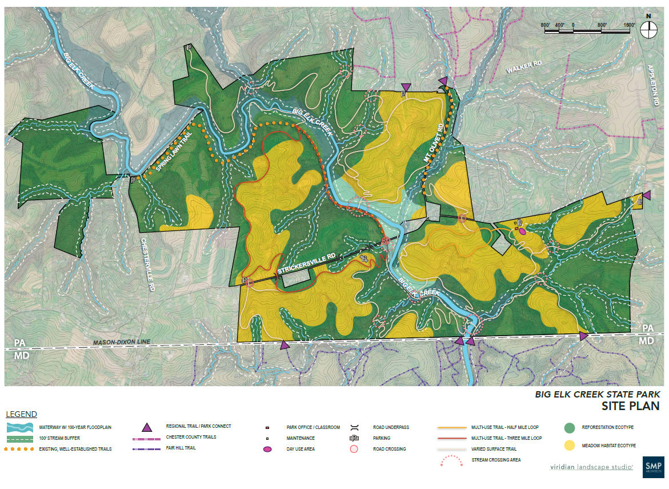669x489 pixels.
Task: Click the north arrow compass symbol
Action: click(648, 29)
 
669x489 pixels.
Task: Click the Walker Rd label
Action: click(524, 67)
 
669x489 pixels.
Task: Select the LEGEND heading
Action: click(21, 414)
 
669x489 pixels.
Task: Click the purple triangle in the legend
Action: click(147, 427)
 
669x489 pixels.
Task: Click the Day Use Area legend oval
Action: click(267, 450)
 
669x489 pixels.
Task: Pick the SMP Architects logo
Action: click(653, 466)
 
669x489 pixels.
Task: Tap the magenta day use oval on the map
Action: click(522, 231)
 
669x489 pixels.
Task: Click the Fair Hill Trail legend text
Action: click(181, 448)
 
